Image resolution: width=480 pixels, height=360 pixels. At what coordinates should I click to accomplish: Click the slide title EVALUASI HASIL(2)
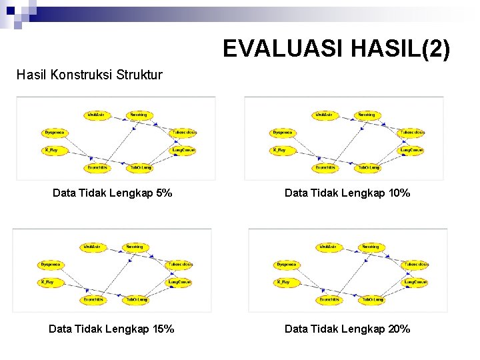point(336,49)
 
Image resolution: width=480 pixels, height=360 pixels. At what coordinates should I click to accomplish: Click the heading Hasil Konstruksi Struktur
point(89,75)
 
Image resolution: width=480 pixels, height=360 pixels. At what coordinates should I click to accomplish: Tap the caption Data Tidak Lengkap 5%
point(112,193)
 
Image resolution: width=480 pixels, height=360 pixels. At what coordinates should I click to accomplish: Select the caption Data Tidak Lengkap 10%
point(347,193)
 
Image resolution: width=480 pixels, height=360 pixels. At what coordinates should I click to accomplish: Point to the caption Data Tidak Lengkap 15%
point(111,329)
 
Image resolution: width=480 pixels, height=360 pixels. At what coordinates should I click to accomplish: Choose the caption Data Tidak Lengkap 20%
point(347,329)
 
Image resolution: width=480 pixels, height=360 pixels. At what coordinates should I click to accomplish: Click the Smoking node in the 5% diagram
point(138,115)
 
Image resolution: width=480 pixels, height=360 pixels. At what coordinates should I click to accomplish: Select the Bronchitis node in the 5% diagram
point(98,167)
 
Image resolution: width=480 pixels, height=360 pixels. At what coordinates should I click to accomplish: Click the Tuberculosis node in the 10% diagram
point(412,133)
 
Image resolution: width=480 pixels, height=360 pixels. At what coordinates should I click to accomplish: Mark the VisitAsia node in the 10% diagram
point(325,115)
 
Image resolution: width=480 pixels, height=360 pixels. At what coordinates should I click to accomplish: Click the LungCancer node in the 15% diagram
point(180,282)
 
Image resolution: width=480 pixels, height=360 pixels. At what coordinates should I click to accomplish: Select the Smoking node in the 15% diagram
point(134,247)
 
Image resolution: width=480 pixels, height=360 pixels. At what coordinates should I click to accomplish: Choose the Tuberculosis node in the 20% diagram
point(416,265)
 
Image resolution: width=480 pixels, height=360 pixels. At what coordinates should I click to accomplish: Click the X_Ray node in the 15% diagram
point(47,282)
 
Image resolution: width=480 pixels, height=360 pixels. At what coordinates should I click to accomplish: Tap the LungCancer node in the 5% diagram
point(184,150)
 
